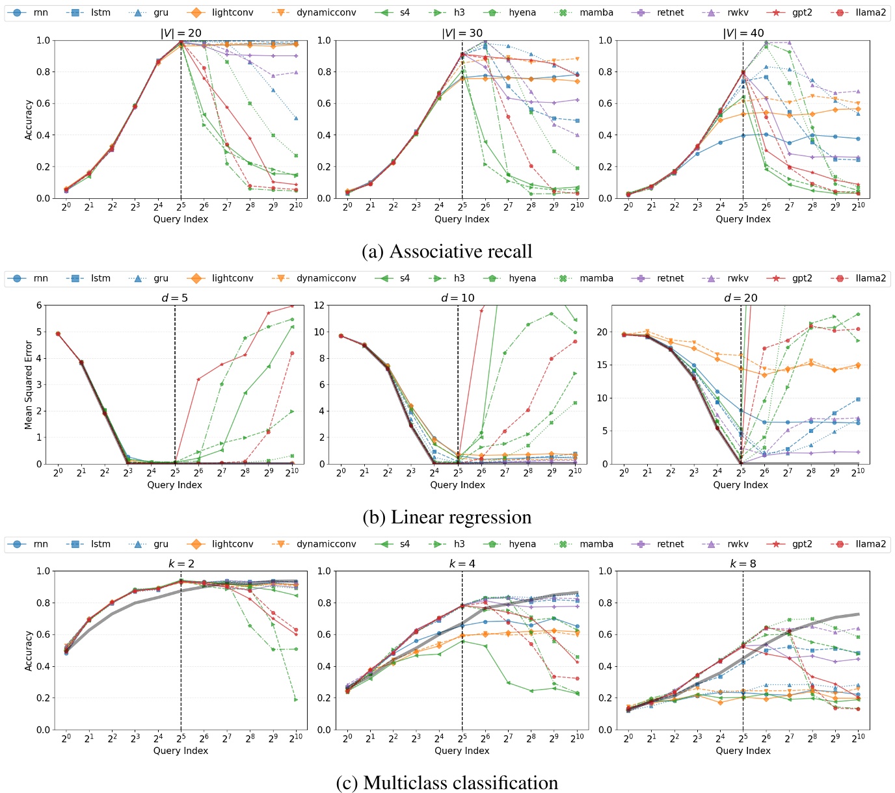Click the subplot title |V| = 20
[x=180, y=33]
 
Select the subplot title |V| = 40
[x=743, y=33]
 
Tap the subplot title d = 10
[x=458, y=298]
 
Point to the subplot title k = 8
[x=743, y=564]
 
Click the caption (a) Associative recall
[x=447, y=252]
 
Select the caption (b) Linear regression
[x=447, y=517]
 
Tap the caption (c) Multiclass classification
[x=447, y=783]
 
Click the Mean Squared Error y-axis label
[x=29, y=385]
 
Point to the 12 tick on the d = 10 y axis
[x=319, y=305]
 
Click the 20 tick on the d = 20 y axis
[x=602, y=332]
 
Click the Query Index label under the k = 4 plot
[x=462, y=751]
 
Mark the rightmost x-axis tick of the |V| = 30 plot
[x=576, y=206]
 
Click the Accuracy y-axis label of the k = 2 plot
[x=29, y=650]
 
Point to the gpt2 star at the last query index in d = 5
[x=292, y=305]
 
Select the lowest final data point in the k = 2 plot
[x=295, y=699]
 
